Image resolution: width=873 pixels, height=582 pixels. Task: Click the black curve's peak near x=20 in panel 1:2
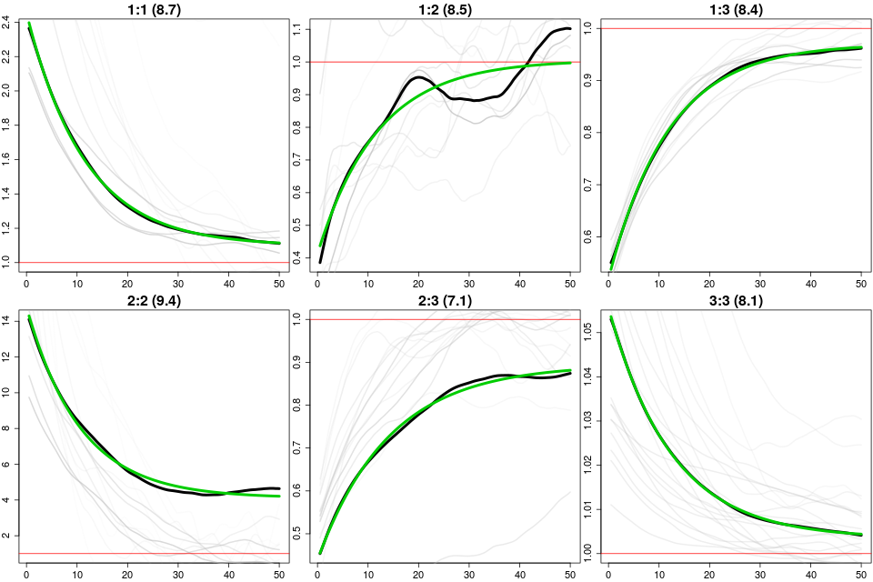418,77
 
